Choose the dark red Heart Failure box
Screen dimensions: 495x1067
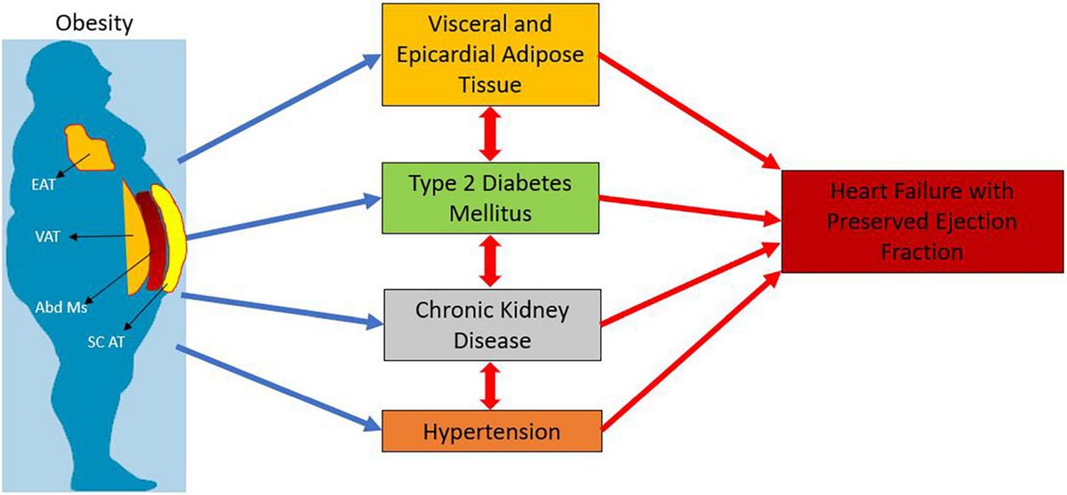pos(920,221)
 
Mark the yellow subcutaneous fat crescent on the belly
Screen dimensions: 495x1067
pos(169,240)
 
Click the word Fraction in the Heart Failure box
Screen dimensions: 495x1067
pos(920,252)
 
